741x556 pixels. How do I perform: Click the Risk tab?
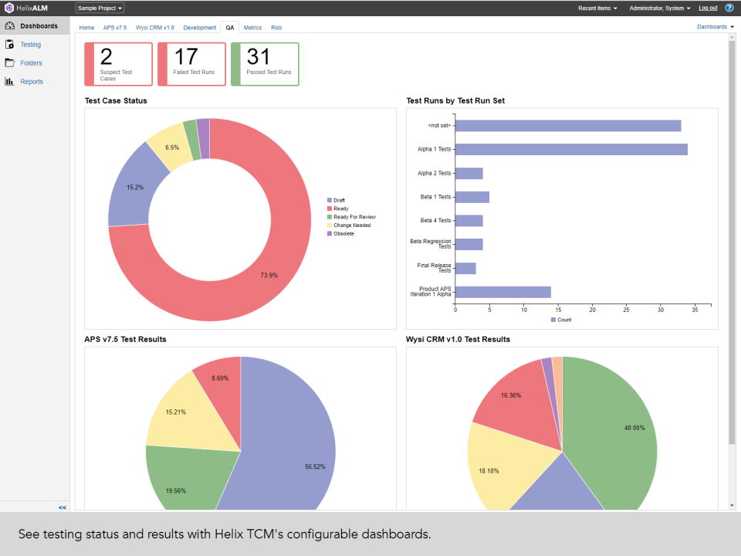click(276, 27)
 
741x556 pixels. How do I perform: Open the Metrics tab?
click(252, 27)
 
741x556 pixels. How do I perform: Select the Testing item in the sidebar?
click(31, 45)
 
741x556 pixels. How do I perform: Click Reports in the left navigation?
click(32, 82)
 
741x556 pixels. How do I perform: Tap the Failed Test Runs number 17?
click(186, 57)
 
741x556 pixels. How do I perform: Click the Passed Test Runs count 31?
click(259, 57)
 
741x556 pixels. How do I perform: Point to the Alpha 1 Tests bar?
click(571, 150)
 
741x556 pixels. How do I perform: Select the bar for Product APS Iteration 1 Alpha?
click(502, 292)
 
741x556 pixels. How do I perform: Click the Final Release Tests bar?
click(465, 269)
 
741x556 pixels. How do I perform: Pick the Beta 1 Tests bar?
click(472, 197)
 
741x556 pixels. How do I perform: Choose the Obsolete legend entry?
click(343, 233)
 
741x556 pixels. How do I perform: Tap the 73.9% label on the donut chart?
click(269, 275)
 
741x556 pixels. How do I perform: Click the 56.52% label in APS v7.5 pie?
click(315, 466)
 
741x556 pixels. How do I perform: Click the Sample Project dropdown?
click(100, 8)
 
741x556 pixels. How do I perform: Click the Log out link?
click(708, 8)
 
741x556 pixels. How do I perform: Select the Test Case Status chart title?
click(116, 100)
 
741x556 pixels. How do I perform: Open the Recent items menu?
click(597, 8)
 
